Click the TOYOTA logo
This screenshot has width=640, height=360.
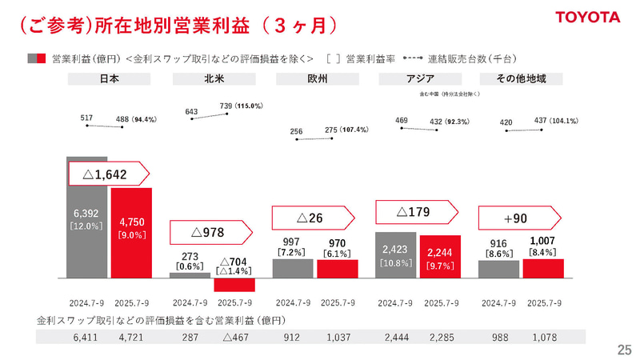(588, 17)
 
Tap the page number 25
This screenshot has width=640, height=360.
(624, 349)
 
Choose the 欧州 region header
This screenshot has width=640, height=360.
(318, 78)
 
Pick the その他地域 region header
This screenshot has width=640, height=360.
(520, 78)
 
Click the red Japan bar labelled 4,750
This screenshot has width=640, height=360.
(130, 232)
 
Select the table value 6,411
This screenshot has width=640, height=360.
(87, 338)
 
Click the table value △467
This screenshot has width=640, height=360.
(234, 338)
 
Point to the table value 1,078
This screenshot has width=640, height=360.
(543, 338)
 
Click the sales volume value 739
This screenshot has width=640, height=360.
(225, 106)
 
